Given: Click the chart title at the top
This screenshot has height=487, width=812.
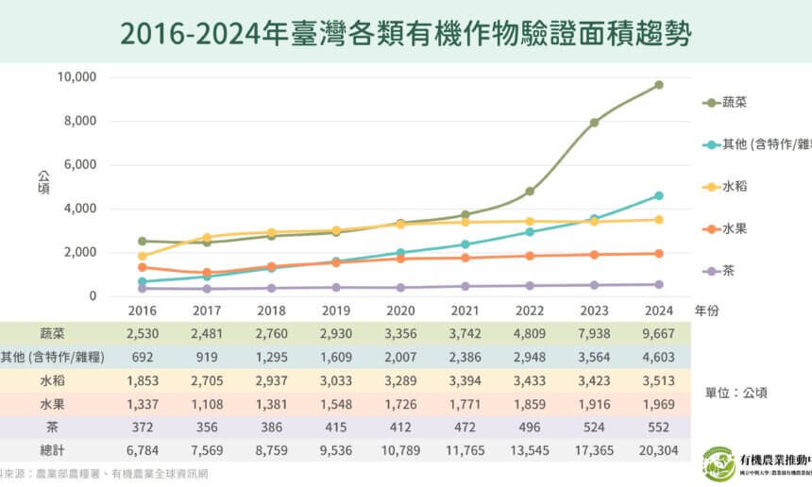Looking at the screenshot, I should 405,34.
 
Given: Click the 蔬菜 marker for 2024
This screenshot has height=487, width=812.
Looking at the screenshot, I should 659,85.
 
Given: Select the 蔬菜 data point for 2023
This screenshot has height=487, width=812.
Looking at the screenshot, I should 594,123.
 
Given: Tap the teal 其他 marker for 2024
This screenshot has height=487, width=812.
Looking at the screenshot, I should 659,195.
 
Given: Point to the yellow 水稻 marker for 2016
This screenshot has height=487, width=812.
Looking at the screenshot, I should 143,256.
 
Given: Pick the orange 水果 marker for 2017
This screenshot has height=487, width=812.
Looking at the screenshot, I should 207,273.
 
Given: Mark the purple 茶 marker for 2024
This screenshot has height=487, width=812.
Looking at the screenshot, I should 659,284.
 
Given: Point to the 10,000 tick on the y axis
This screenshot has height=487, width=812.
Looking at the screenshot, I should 77,77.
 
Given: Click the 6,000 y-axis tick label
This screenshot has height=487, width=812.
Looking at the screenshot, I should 80,165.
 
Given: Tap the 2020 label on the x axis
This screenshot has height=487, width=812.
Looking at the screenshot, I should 400,309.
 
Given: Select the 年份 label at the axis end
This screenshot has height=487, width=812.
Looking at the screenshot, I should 706,309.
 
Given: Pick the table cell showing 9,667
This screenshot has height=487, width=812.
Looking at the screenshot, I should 659,333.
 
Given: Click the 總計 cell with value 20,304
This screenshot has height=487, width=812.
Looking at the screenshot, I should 659,451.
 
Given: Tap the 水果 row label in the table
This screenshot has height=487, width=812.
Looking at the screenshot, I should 53,404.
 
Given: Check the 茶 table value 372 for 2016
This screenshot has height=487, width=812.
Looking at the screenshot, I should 143,428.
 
